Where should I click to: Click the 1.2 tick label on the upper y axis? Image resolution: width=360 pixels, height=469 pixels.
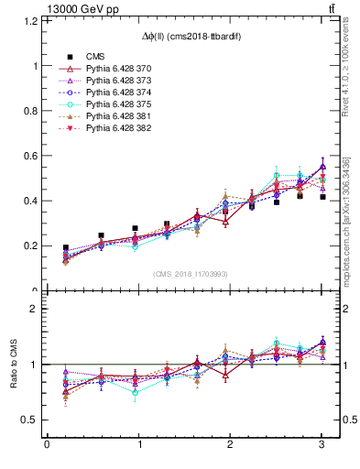[x=29, y=20]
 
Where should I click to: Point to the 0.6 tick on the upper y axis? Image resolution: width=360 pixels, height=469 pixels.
[x=29, y=156]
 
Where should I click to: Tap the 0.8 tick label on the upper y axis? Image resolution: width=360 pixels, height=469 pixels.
[x=29, y=111]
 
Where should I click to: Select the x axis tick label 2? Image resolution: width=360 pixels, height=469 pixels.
[x=231, y=446]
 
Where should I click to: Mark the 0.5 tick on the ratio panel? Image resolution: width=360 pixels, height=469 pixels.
[x=29, y=420]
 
